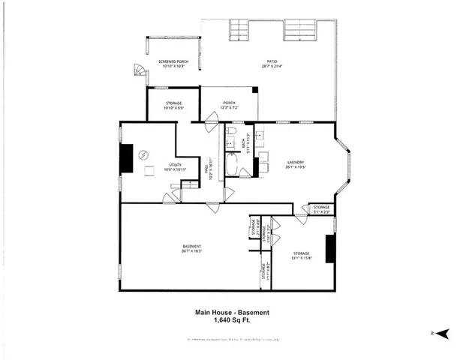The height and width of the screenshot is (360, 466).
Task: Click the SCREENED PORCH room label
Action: [x=173, y=64]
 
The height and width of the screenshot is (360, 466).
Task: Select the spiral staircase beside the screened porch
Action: [x=138, y=71]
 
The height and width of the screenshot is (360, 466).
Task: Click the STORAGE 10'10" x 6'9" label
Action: [x=172, y=106]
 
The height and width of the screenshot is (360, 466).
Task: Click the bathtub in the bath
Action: [x=232, y=165]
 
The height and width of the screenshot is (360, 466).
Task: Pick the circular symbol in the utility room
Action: [x=144, y=154]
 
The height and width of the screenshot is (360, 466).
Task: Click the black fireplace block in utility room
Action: [x=125, y=158]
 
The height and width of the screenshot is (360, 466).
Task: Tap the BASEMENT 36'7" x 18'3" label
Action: [x=192, y=249]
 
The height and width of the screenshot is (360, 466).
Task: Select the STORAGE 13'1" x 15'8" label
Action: [x=302, y=256]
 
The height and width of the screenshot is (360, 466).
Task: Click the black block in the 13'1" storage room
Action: [x=328, y=248]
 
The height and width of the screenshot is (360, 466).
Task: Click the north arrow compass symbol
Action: [x=442, y=332]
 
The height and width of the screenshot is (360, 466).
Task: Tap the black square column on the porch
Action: [x=255, y=90]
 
